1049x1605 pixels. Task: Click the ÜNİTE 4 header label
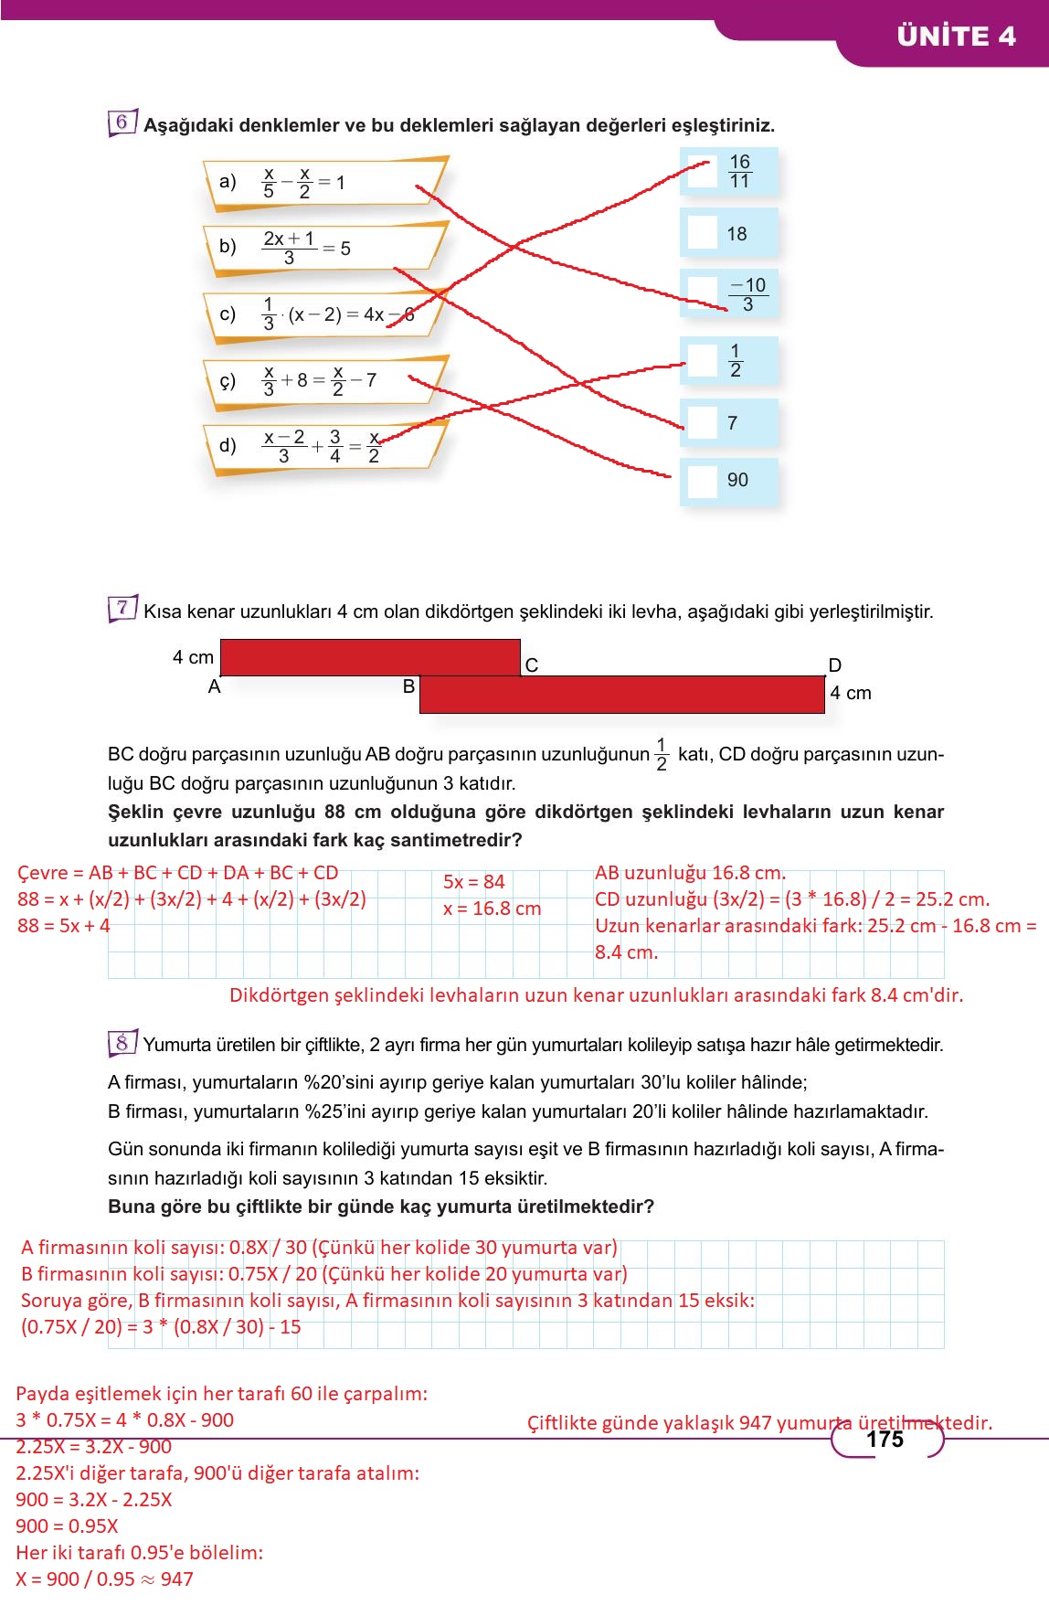click(956, 37)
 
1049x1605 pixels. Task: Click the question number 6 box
click(122, 122)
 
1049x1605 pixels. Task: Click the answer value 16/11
click(739, 172)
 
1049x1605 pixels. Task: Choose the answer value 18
click(736, 234)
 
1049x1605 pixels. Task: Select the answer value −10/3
click(747, 294)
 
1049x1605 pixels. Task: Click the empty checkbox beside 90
click(702, 481)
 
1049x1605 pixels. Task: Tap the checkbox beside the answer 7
click(702, 423)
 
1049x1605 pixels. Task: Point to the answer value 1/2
click(735, 361)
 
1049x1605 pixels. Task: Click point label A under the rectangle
click(215, 687)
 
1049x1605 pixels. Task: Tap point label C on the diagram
click(532, 665)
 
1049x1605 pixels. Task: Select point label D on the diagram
click(834, 665)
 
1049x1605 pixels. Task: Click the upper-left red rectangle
click(370, 657)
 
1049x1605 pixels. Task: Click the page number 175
click(885, 1440)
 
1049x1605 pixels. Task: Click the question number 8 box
click(122, 1043)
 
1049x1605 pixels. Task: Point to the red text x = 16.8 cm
click(492, 909)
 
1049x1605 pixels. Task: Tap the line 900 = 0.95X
click(67, 1525)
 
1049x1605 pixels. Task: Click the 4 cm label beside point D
click(850, 693)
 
